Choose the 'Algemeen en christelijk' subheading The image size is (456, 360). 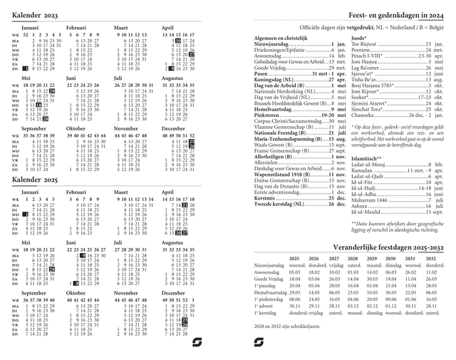pos(282,38)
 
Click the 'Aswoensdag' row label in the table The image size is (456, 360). pos(269,272)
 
